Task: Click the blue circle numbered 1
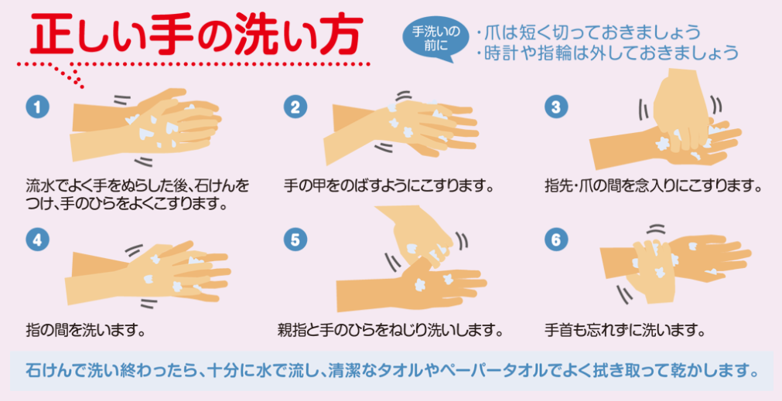37,107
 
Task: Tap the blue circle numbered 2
295,107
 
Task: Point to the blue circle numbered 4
37,240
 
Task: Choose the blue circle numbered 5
295,240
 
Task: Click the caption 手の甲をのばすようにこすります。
388,187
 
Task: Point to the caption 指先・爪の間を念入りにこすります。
654,187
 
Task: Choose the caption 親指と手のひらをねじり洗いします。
389,330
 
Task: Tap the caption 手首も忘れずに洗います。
624,330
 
